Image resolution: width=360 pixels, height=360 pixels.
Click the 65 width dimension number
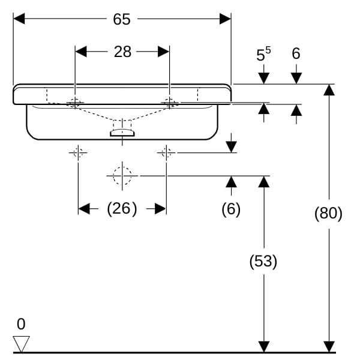[122, 19]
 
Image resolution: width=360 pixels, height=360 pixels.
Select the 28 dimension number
[122, 52]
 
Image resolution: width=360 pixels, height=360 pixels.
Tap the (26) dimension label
[122, 209]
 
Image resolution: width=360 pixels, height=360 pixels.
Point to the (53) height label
[263, 261]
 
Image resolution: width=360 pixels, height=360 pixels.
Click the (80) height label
[328, 213]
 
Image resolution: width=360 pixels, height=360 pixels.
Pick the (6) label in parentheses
[231, 209]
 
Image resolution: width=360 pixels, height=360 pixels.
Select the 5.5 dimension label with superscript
[263, 54]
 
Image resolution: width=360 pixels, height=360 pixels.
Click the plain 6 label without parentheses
[296, 53]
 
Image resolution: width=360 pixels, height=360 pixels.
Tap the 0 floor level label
[21, 324]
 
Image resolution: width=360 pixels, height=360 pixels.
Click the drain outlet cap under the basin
[122, 133]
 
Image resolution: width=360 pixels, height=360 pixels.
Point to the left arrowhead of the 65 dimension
[19, 19]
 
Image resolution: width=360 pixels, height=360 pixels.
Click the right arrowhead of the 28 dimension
[163, 52]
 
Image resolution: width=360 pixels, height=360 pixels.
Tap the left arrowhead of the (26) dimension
[84, 209]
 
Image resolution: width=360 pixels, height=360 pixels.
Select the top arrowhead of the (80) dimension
[329, 90]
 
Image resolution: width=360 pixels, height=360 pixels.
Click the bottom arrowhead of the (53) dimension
[264, 347]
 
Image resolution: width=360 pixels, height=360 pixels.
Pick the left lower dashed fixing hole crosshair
[78, 152]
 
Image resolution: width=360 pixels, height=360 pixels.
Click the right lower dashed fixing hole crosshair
[166, 152]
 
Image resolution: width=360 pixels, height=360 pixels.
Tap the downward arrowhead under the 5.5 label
[264, 79]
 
